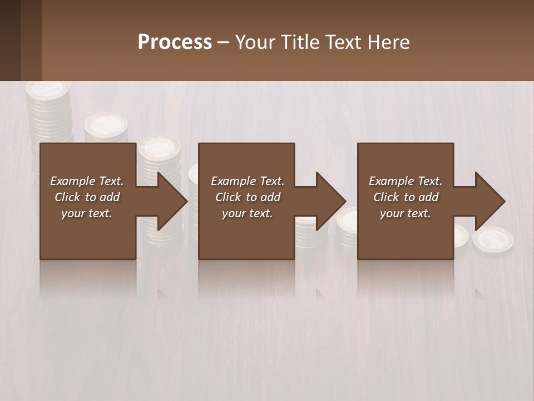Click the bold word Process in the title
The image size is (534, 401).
pos(175,42)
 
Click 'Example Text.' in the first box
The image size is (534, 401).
pos(87,181)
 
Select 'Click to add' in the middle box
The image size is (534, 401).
pos(248,197)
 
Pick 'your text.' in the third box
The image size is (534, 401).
pos(406,213)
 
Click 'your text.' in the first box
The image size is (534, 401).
pos(87,213)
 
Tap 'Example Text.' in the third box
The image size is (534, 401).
pos(406,181)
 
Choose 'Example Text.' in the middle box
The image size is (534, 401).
pos(248,181)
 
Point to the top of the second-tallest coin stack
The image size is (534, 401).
pos(106,124)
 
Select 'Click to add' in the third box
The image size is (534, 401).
pos(406,197)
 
